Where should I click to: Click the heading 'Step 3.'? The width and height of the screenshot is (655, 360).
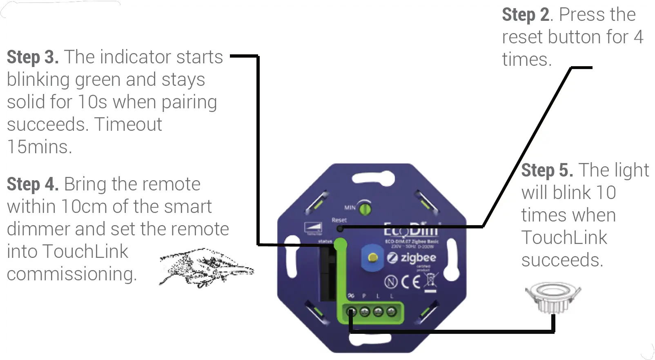(x=33, y=57)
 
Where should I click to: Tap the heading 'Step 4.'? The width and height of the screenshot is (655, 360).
(x=33, y=184)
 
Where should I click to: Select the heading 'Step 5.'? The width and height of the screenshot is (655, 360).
(x=547, y=170)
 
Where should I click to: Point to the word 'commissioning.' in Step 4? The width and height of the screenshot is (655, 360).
(x=71, y=274)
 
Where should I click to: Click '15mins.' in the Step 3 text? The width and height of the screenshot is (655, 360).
(x=40, y=147)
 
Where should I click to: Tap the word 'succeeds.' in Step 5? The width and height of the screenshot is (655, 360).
(x=562, y=260)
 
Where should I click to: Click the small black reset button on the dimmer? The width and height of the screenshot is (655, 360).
(x=340, y=228)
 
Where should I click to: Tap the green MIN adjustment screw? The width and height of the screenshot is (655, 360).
(x=365, y=209)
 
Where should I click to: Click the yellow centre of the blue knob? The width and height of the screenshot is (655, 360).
(x=372, y=257)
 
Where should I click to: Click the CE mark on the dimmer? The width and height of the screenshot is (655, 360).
(x=410, y=282)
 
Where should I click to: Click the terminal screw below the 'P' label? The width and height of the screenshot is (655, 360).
(x=365, y=312)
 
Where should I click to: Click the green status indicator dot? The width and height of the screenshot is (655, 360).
(x=340, y=245)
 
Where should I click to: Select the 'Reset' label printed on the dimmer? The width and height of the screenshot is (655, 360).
(x=339, y=220)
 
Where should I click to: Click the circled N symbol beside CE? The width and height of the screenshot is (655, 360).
(x=391, y=282)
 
